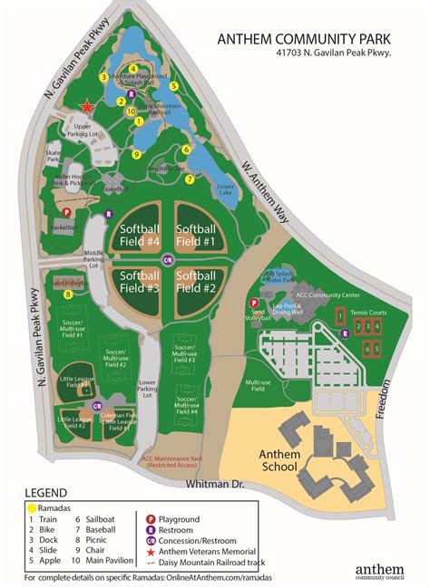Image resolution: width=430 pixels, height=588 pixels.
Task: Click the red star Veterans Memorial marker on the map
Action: pyautogui.click(x=87, y=106)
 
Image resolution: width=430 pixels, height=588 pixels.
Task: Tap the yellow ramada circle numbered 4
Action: pyautogui.click(x=132, y=68)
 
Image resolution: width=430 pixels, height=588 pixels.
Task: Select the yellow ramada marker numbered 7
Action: pyautogui.click(x=189, y=179)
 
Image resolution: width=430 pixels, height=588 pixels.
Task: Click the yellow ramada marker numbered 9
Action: pyautogui.click(x=136, y=155)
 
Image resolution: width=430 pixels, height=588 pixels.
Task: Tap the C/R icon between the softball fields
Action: pyautogui.click(x=167, y=260)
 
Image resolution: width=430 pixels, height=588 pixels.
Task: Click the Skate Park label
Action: pyautogui.click(x=54, y=156)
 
